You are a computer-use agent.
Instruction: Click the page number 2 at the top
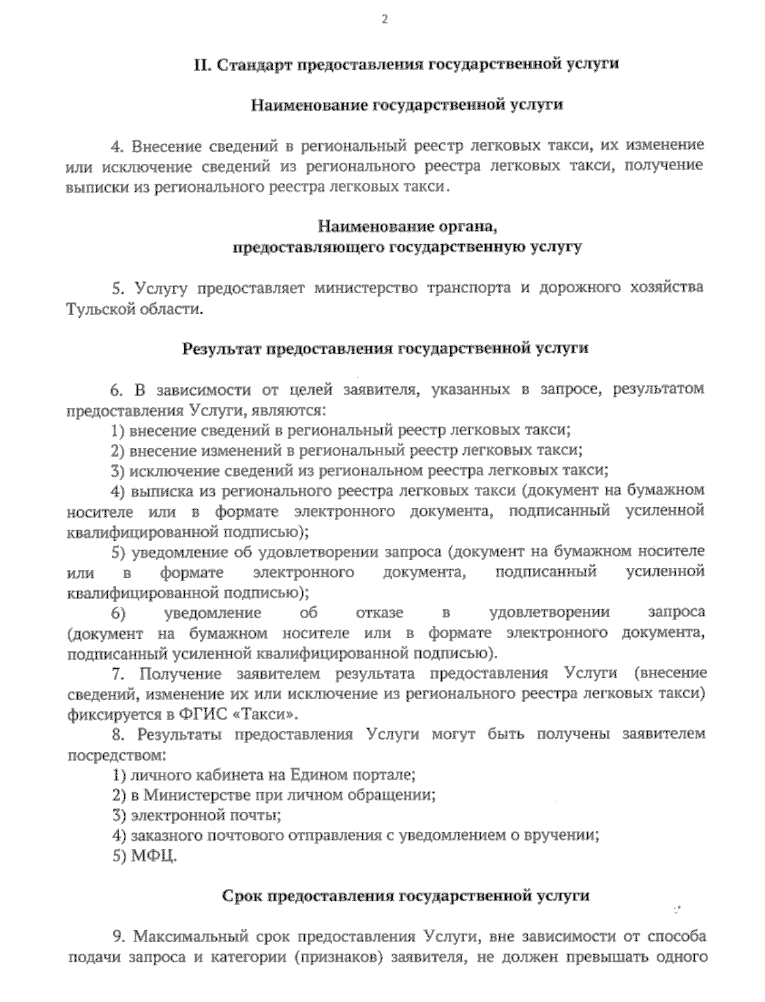pos(384,19)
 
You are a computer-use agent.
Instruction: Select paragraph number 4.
pos(116,146)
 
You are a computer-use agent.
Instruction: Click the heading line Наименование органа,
pos(407,226)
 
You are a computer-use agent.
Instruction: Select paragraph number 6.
pos(116,389)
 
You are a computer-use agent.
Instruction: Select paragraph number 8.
pos(116,734)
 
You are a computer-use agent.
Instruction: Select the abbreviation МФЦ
pos(153,856)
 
